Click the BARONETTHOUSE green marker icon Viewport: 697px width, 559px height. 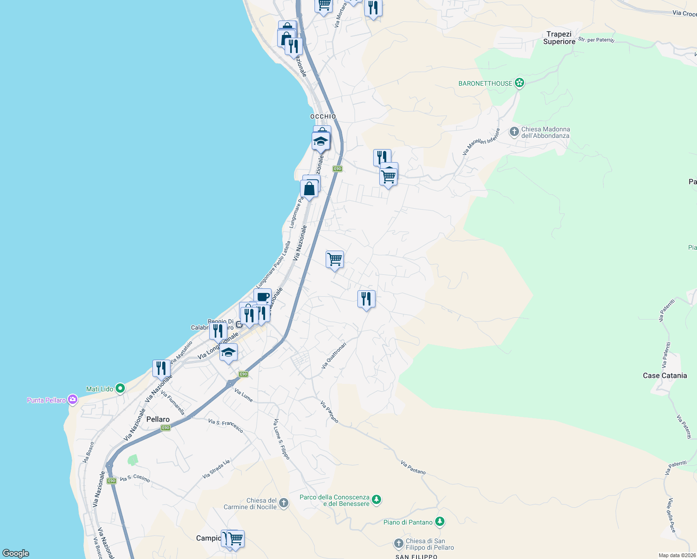519,83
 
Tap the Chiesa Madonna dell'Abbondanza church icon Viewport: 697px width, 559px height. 514,132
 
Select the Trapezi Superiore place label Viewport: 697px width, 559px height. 559,38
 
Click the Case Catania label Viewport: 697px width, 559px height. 664,375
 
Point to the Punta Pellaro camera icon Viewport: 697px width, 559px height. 72,399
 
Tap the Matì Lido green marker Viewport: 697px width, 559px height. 120,388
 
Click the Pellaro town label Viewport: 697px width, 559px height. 158,419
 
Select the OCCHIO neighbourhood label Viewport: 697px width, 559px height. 323,116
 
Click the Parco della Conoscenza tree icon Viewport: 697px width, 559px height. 377,500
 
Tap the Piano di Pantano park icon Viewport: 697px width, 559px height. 439,522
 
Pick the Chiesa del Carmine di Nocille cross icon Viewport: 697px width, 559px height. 284,503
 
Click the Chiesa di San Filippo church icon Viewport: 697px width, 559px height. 399,543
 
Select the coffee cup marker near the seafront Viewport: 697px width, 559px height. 263,297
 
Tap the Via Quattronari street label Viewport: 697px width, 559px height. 334,356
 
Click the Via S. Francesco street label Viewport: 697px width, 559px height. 225,425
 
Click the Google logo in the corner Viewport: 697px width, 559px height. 15,553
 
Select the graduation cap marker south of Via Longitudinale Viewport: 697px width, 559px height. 228,353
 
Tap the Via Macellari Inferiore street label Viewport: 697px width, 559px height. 481,142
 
